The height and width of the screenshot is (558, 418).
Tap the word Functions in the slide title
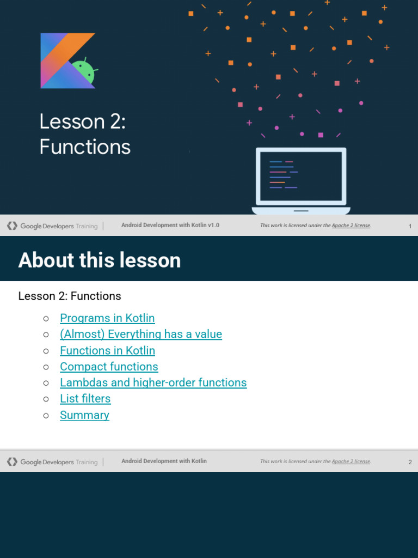tap(85, 147)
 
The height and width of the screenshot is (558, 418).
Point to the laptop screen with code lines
tap(300, 176)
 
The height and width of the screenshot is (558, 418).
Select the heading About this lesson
tap(100, 260)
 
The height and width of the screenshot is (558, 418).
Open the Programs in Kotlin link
tap(107, 318)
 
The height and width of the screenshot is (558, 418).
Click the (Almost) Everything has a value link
tap(141, 334)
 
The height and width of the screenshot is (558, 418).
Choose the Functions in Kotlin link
tap(107, 350)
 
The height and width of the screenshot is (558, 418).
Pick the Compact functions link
tap(109, 367)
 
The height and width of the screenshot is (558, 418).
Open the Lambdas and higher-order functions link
tap(153, 383)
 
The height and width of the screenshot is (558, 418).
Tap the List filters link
tap(85, 398)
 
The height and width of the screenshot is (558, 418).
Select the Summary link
tap(84, 415)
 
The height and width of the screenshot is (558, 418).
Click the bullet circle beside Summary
tap(46, 415)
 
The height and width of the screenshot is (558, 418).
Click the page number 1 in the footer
tap(410, 226)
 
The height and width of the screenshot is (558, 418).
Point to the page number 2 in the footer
tap(410, 462)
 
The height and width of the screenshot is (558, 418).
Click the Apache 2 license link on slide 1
tap(351, 225)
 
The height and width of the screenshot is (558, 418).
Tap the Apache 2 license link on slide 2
tap(351, 461)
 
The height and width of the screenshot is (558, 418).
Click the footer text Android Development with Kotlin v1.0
tap(170, 225)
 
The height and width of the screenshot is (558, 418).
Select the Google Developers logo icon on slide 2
tap(12, 462)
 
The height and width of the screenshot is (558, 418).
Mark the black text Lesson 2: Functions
tap(70, 296)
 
